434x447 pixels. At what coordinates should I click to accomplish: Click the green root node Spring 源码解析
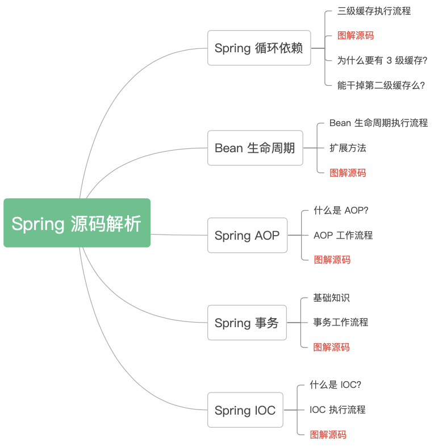point(77,223)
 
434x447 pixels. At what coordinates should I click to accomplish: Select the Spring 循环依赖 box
point(259,48)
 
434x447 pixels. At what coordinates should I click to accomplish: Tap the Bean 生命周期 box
point(255,148)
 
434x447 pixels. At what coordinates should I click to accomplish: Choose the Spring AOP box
point(247,235)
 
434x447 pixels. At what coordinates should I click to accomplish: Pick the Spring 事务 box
point(247,323)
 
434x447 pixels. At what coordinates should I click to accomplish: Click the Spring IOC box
point(245,410)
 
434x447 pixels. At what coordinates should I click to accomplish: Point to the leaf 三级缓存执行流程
point(374,11)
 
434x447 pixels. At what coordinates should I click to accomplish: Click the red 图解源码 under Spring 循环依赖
point(356,36)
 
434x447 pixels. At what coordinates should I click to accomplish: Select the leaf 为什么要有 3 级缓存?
point(382,60)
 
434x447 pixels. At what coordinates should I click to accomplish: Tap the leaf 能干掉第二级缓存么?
point(381,85)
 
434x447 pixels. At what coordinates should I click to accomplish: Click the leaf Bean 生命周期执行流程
point(379,123)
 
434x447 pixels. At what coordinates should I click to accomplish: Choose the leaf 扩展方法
point(348,148)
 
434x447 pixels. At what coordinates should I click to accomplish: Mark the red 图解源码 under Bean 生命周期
point(348,173)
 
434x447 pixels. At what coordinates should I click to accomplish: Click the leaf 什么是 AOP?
point(341,210)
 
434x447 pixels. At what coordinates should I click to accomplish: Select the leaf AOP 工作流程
point(343,235)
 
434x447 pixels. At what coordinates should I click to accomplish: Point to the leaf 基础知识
point(331,298)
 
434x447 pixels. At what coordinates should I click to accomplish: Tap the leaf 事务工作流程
point(341,323)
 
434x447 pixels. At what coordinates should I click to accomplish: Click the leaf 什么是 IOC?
point(336,385)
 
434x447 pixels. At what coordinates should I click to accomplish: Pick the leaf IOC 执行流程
point(337,410)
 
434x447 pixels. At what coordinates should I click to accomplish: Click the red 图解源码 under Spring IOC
point(328,435)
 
